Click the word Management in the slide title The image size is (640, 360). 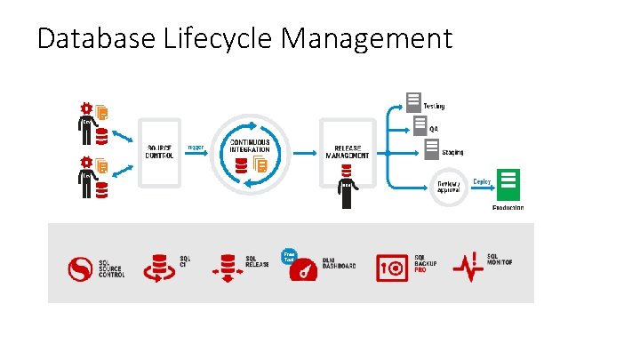click(x=367, y=39)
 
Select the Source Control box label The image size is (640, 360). click(x=160, y=152)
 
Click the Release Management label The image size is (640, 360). click(x=347, y=151)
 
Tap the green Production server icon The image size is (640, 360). click(x=508, y=185)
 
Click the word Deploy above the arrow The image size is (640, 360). click(x=481, y=180)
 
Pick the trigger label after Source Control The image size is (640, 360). click(x=196, y=147)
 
